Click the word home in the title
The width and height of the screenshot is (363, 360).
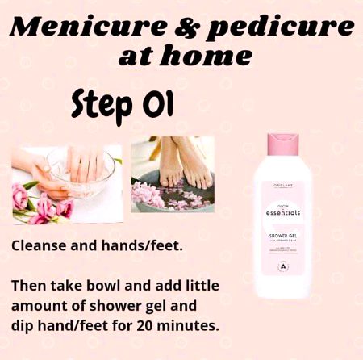[x=213, y=58]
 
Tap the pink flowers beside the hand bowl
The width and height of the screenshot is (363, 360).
[x=32, y=205]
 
